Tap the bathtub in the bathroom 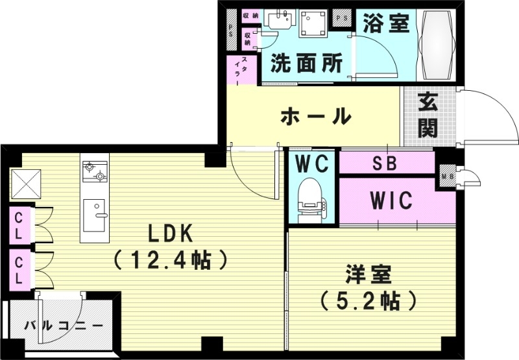435,45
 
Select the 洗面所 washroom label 306,63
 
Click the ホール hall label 316,117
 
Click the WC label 311,162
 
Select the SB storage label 385,162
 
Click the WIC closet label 391,201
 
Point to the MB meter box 447,175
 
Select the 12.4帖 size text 171,261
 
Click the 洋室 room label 367,274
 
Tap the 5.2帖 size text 367,301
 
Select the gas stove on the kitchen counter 95,172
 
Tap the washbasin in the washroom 280,21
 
